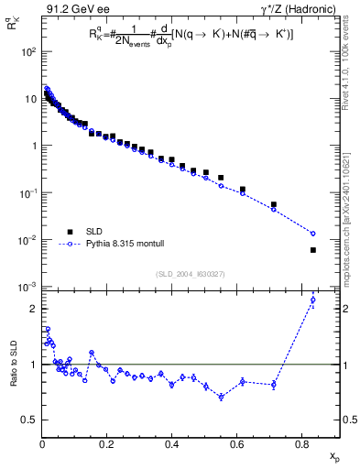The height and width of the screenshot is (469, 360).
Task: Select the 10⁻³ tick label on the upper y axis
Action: pyautogui.click(x=27, y=288)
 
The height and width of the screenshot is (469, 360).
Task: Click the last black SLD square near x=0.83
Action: pyautogui.click(x=313, y=250)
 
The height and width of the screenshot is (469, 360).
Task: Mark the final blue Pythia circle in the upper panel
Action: pyautogui.click(x=313, y=234)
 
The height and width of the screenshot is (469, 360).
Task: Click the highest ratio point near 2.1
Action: pyautogui.click(x=313, y=300)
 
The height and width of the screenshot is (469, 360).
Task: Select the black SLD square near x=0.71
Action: pyautogui.click(x=274, y=204)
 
